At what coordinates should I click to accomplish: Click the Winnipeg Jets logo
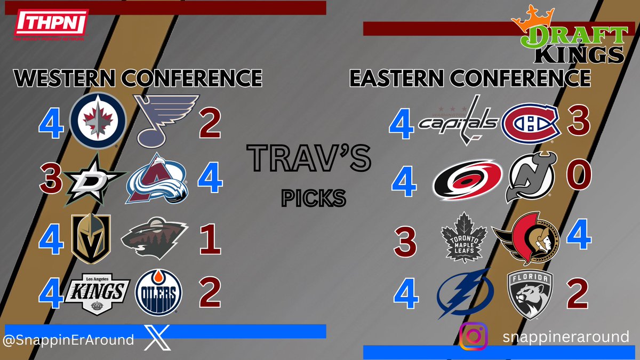[x=98, y=120]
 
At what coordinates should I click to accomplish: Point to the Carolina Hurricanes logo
[x=467, y=181]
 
